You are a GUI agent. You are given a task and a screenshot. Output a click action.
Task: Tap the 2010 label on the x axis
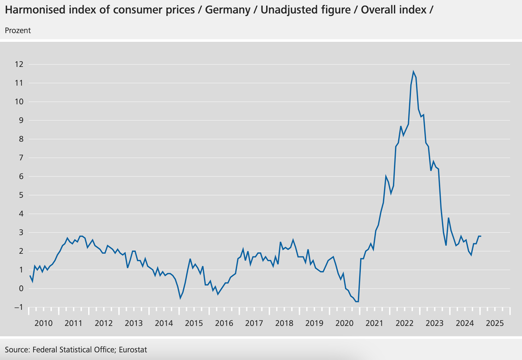pos(43,322)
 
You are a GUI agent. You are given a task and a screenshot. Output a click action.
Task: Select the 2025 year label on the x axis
pos(494,322)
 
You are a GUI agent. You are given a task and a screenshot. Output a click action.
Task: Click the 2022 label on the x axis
pos(404,322)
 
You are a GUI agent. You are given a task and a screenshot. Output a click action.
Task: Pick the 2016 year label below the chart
pos(224,322)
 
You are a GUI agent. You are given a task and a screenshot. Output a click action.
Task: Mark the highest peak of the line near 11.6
pos(413,72)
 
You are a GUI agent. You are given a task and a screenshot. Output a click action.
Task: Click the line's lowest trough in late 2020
pos(357,301)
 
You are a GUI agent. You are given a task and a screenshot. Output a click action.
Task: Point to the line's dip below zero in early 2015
pos(180,298)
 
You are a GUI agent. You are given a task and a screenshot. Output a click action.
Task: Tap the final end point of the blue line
pos(481,236)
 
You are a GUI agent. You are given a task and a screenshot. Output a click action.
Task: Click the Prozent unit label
pos(18,30)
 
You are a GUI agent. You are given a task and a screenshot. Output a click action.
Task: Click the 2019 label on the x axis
pos(314,322)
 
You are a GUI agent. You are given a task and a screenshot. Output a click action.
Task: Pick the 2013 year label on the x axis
pos(134,322)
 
